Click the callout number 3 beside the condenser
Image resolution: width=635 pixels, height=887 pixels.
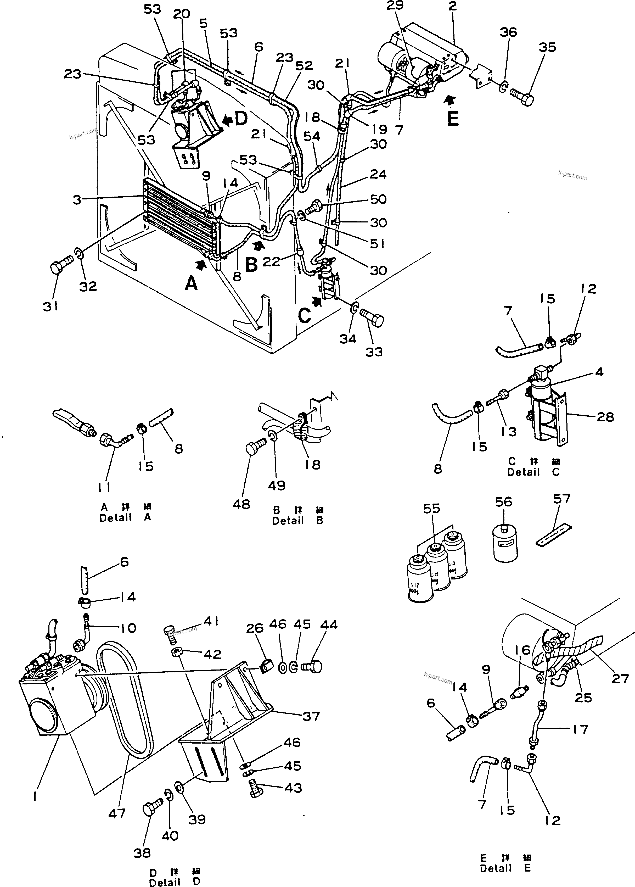[x=77, y=199]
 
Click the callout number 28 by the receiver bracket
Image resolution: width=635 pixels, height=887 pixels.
[x=605, y=417]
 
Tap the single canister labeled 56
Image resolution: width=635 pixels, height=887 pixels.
[x=505, y=544]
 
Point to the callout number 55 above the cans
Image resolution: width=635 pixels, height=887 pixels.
[x=431, y=509]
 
